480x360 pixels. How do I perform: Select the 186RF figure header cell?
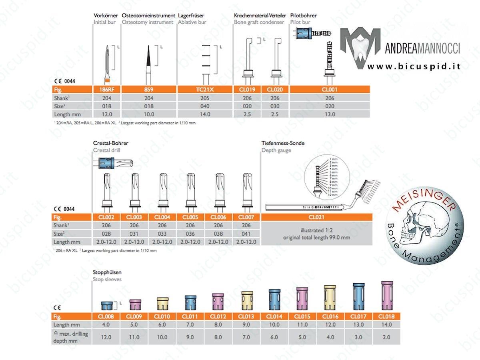tap(106, 90)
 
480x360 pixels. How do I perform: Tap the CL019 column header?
tap(248, 90)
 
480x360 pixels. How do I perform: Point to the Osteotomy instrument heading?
tap(148, 22)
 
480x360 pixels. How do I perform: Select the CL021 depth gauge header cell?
tap(316, 217)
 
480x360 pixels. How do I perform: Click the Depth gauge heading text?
tap(276, 150)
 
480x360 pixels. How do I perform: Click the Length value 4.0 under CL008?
tap(106, 325)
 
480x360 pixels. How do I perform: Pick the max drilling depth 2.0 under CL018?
tap(386, 337)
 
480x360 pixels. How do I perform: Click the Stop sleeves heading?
tap(107, 279)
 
